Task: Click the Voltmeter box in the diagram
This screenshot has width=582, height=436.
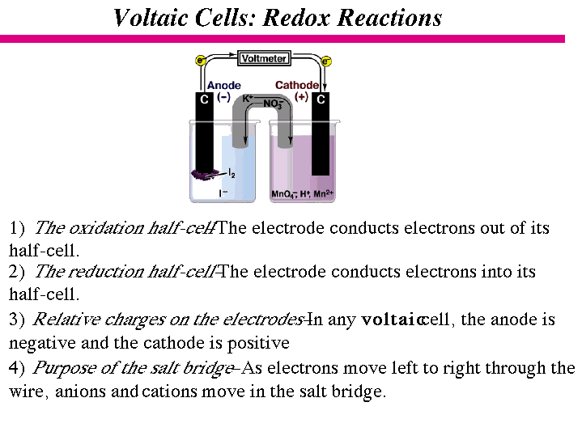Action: (x=263, y=58)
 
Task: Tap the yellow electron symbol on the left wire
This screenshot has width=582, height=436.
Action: (x=200, y=60)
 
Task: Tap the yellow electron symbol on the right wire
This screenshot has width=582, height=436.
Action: (x=326, y=61)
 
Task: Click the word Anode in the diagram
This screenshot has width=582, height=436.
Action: (x=223, y=85)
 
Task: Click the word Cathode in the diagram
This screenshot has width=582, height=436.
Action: (x=297, y=85)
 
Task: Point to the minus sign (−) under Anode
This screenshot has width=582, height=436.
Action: (x=223, y=96)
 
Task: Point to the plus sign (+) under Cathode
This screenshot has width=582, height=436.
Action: (x=301, y=96)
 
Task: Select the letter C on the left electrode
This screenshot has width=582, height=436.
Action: (x=205, y=99)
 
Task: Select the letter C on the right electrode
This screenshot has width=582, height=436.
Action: (x=321, y=99)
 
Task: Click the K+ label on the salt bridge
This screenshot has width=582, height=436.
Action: (x=249, y=98)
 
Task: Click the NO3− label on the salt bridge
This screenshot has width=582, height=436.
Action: (x=273, y=104)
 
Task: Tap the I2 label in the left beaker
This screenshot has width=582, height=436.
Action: (x=232, y=173)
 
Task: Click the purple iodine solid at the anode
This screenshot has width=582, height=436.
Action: (x=204, y=174)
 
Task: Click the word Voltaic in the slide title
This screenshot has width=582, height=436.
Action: (x=153, y=18)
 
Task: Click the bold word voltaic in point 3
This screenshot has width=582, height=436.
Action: (x=393, y=320)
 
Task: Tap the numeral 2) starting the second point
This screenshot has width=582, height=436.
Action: (x=17, y=272)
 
